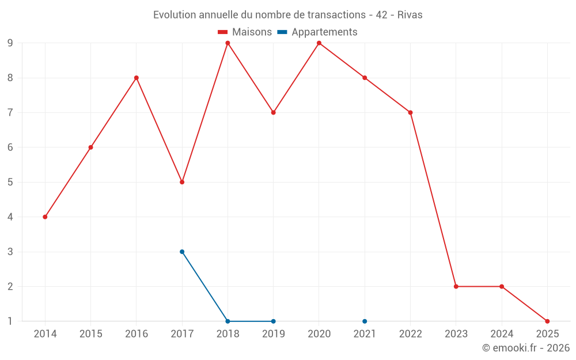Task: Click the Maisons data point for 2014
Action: [x=45, y=217]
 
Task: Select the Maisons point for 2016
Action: [x=137, y=78]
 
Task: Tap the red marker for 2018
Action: [x=228, y=43]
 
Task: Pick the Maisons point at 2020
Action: [x=319, y=43]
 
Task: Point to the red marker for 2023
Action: [x=456, y=286]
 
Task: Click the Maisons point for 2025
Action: [x=547, y=321]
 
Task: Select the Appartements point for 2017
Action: [x=182, y=252]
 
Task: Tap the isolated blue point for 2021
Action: [x=365, y=321]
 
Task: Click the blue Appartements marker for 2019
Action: [x=273, y=321]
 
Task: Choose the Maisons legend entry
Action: [x=245, y=32]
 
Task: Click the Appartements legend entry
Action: [x=317, y=32]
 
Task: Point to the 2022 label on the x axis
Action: [x=410, y=334]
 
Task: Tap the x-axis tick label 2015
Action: [x=90, y=334]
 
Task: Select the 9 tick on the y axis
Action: [x=10, y=43]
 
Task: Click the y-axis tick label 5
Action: [x=10, y=182]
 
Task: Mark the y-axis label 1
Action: [x=10, y=321]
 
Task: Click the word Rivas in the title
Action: [x=410, y=15]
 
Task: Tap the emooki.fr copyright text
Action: [x=526, y=348]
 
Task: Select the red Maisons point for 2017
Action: [x=182, y=182]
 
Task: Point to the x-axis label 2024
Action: [x=502, y=334]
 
